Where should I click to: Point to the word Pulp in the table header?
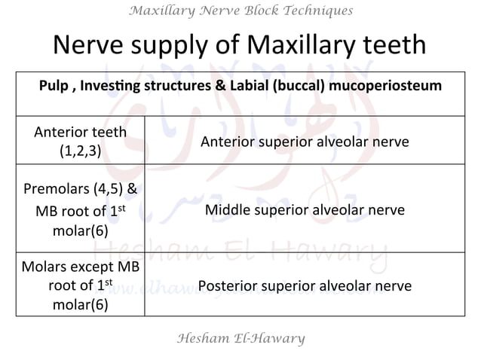tap(55, 86)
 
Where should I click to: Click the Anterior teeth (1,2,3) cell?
tap(81, 141)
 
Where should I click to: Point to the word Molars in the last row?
tap(43, 268)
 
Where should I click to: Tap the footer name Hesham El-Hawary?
tap(240, 338)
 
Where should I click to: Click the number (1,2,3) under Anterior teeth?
tap(81, 150)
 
